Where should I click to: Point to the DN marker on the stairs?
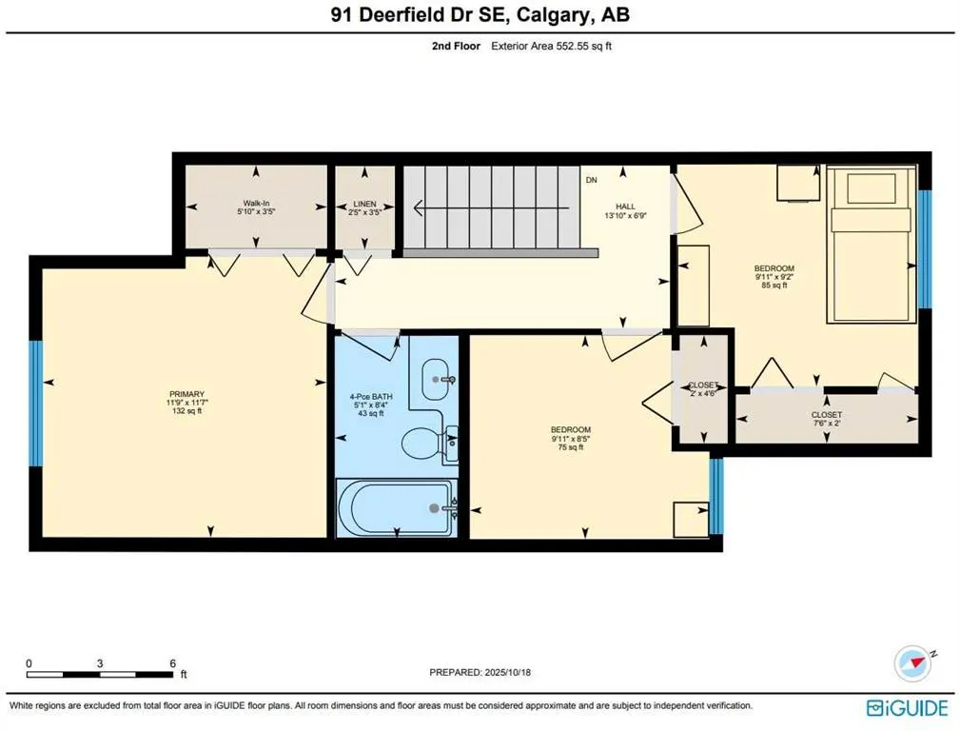point(591,180)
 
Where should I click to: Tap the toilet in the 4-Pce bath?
point(425,441)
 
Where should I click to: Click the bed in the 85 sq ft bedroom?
point(872,245)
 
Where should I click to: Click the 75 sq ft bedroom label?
point(571,438)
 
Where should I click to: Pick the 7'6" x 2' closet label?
point(826,420)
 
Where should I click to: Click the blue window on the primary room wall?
point(35,403)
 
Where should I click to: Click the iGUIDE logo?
point(907,708)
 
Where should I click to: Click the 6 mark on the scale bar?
point(172,663)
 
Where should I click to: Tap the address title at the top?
point(480,15)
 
